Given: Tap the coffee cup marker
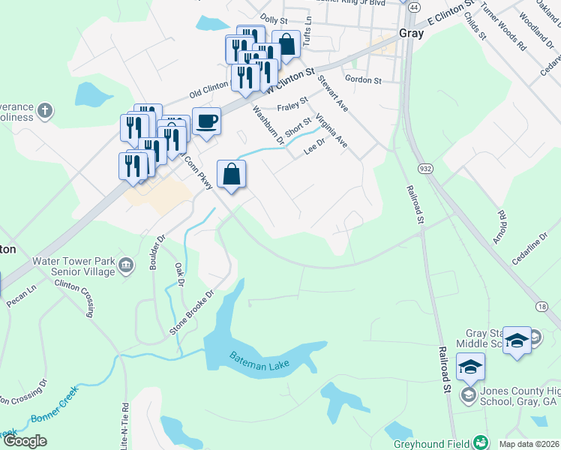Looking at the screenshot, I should click(206, 121).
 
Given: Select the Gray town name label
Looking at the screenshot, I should click(412, 34).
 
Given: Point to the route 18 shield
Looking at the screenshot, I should click(541, 306).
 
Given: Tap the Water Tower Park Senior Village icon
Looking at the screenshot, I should click(126, 265).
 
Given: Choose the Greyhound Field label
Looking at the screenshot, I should click(431, 443).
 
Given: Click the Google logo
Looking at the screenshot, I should click(25, 441).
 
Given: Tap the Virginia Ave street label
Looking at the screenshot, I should click(331, 130).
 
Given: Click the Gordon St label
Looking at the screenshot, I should click(363, 79).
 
